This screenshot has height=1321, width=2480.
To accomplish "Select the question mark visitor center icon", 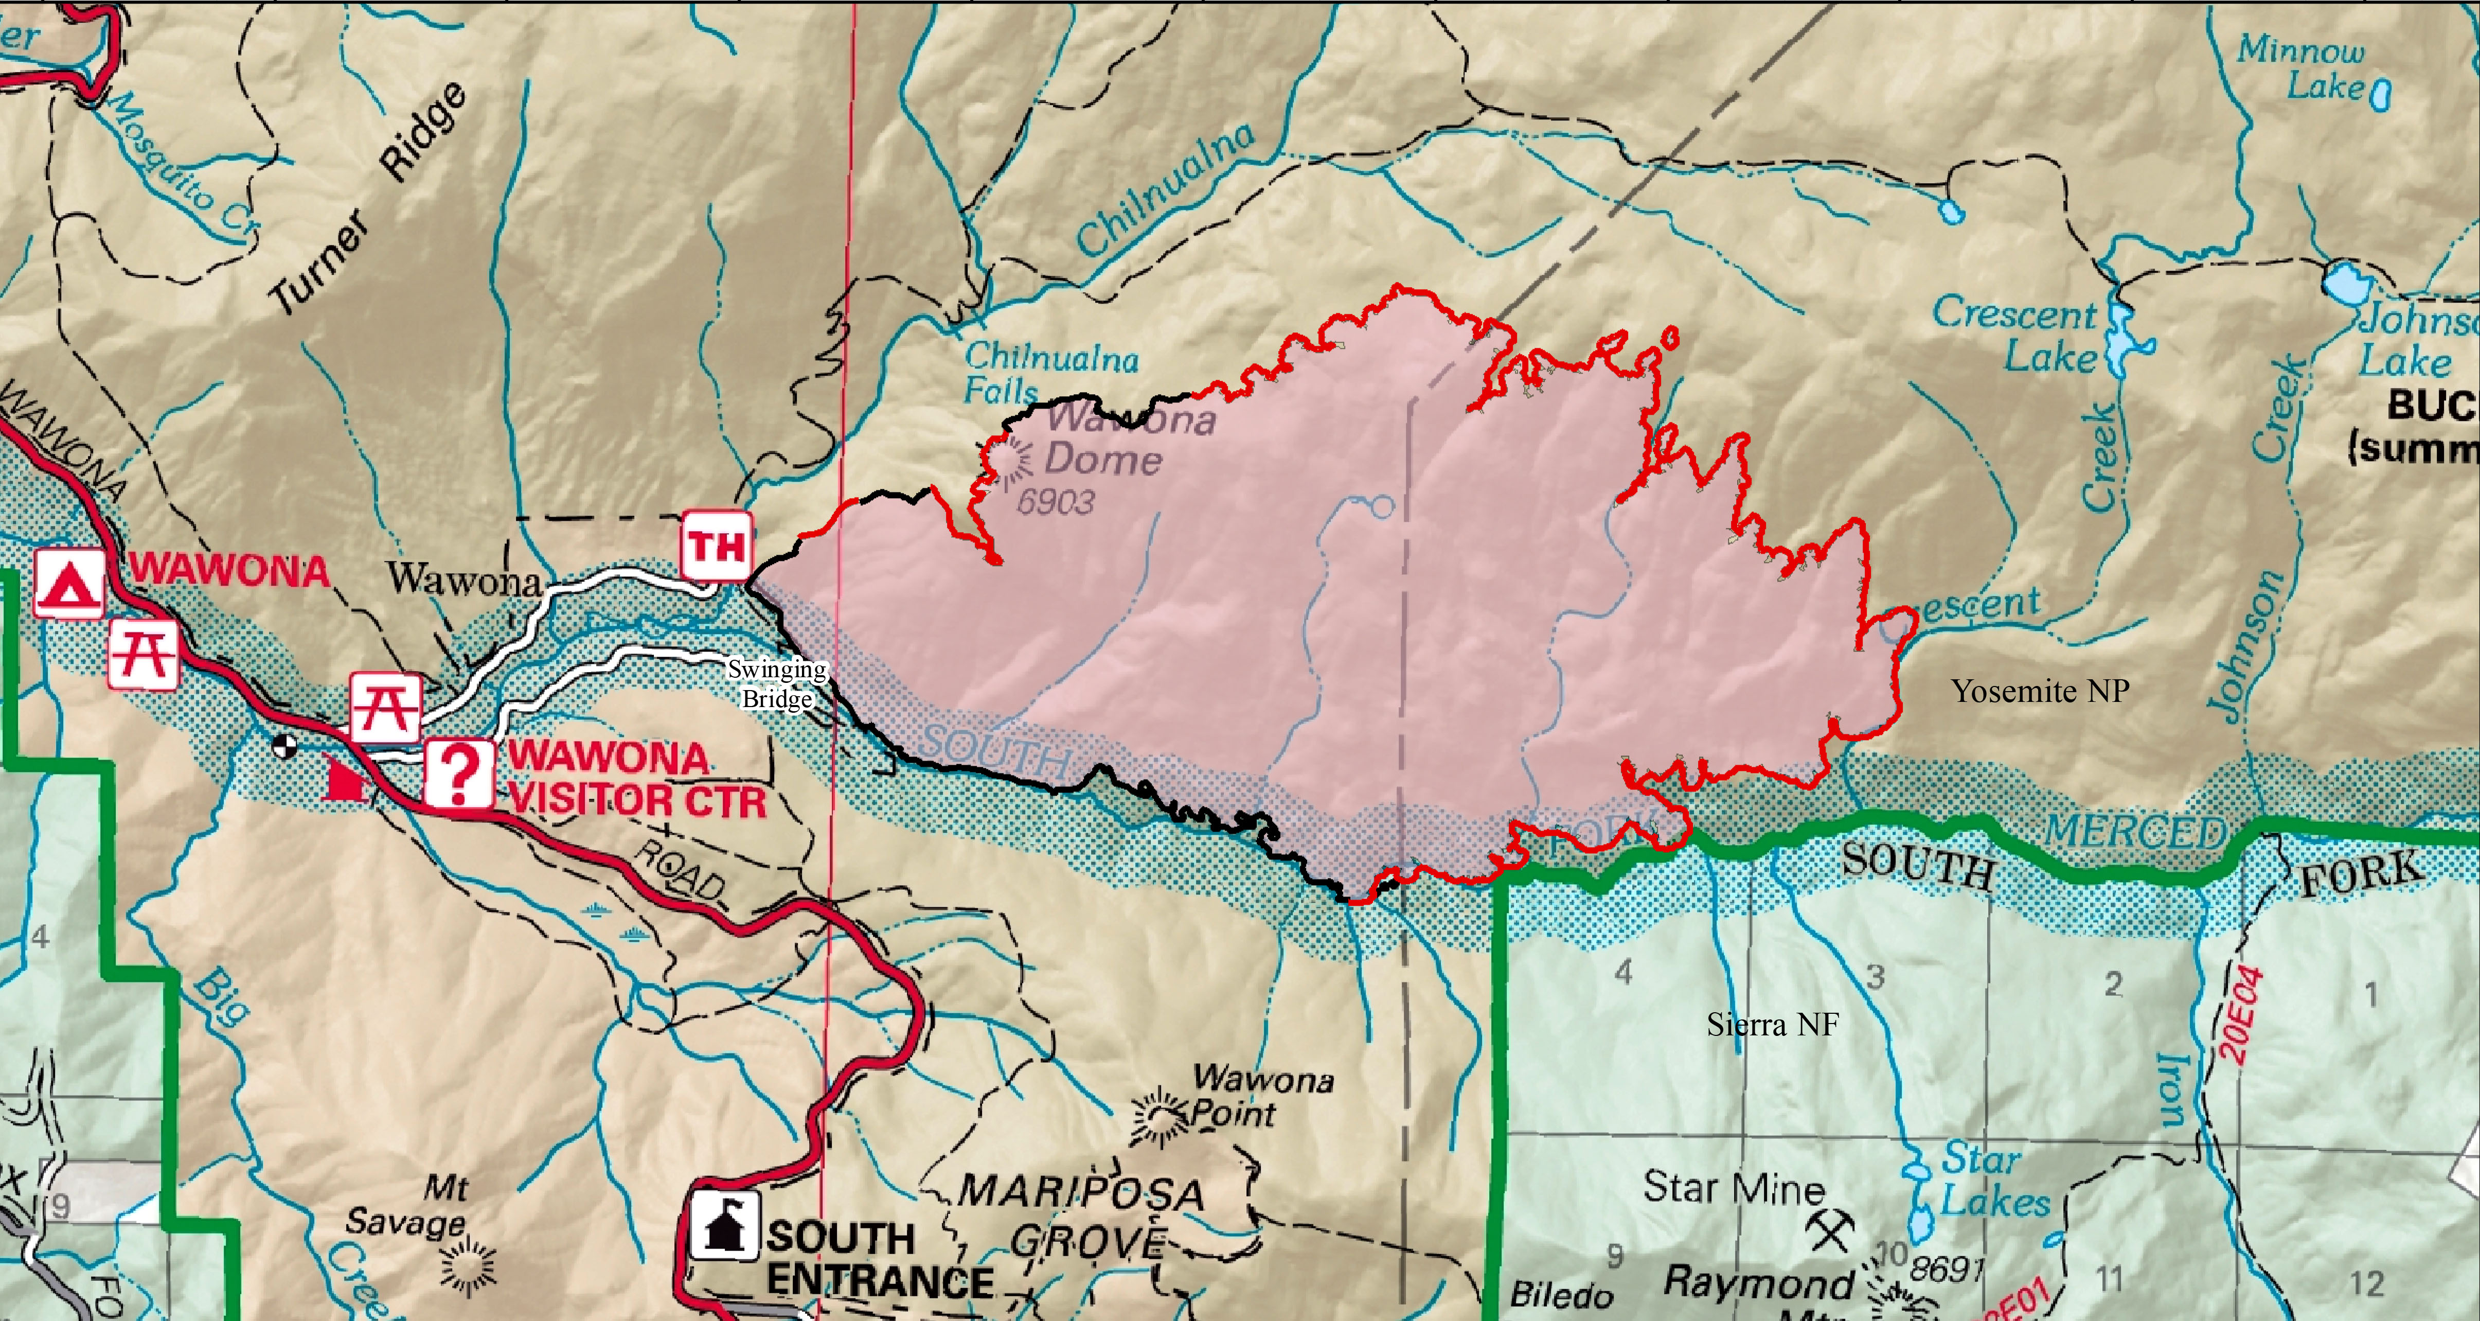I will click(459, 772).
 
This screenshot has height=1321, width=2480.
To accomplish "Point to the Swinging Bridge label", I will click(776, 683).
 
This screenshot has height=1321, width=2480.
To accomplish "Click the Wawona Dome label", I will click(1117, 440).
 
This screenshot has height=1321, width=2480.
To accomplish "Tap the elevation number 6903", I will click(1056, 502).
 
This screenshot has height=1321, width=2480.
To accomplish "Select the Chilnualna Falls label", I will click(1049, 373).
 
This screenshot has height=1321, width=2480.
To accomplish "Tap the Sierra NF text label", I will click(1772, 1025).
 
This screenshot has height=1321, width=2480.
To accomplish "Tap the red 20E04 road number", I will click(2243, 1014).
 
